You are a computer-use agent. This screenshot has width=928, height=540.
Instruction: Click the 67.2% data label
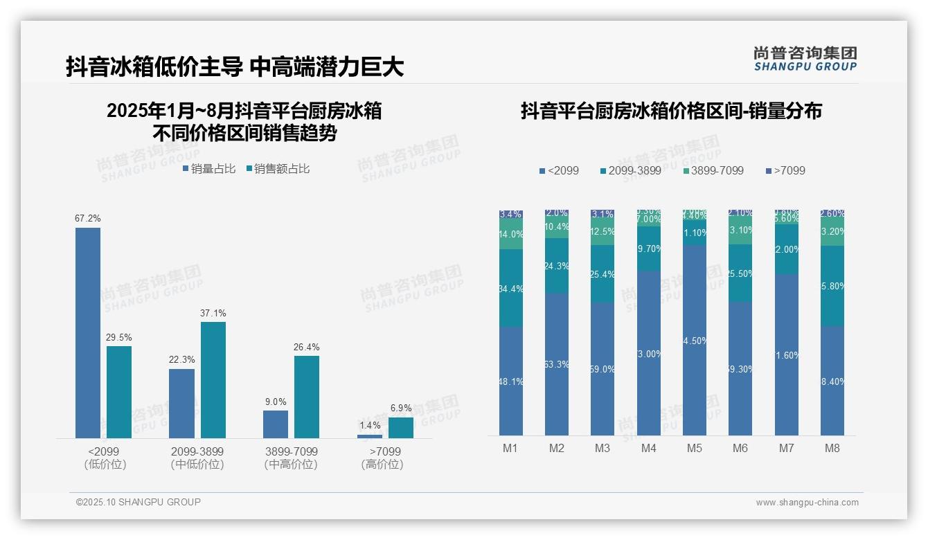click(88, 219)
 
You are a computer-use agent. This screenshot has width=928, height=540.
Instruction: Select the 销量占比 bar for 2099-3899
click(181, 403)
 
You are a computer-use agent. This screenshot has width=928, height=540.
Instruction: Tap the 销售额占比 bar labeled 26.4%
click(307, 397)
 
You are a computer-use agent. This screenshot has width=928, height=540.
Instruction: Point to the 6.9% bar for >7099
click(401, 428)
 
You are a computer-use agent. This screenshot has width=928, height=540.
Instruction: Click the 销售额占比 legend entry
click(278, 169)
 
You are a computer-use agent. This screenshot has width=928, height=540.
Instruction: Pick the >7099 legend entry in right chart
click(786, 170)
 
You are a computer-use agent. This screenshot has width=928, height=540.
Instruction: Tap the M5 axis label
click(695, 449)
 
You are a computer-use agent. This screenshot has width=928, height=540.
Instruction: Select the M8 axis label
click(832, 449)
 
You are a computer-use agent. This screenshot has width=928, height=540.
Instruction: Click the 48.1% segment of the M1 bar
click(511, 381)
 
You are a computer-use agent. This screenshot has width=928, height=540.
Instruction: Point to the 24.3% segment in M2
click(557, 266)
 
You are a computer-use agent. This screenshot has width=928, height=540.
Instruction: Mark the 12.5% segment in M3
click(603, 231)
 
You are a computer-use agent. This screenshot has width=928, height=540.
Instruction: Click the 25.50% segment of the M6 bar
click(740, 273)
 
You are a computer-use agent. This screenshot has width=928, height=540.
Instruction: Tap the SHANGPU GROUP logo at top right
click(805, 59)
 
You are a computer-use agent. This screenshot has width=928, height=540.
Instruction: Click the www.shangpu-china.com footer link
click(807, 503)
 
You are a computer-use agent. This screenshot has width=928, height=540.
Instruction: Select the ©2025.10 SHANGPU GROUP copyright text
click(139, 502)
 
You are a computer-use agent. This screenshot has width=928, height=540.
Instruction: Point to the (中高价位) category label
click(291, 465)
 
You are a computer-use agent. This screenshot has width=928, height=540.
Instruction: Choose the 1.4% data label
click(370, 426)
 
